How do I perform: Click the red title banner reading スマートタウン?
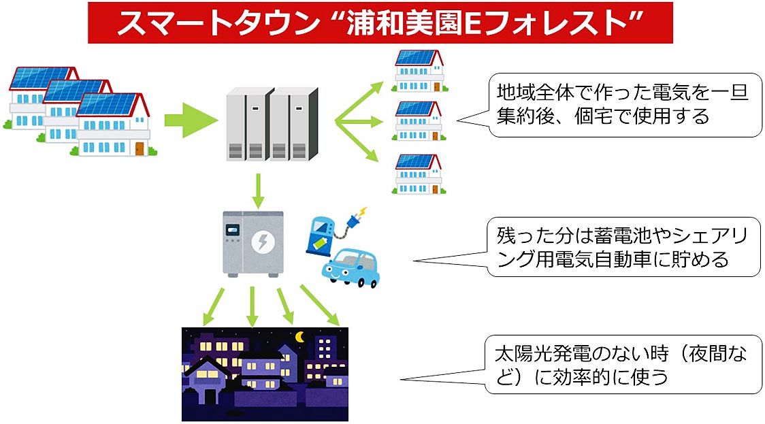coord(380,23)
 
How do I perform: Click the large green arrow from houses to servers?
coord(190,123)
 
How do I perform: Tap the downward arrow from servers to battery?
coord(257,191)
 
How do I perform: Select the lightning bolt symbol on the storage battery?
coord(261,240)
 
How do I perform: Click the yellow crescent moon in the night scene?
coord(299,336)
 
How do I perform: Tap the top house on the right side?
coord(419,70)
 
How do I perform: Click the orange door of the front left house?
coord(140,148)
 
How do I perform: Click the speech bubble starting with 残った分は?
coord(623,248)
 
